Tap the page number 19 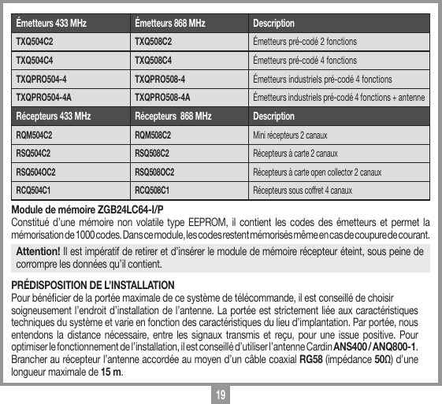[x=221, y=393]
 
